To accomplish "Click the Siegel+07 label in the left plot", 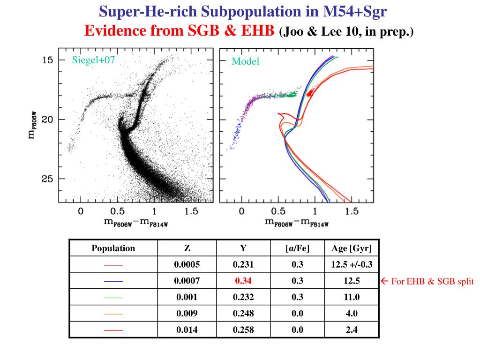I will click(x=93, y=60).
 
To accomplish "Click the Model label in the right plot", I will click(x=245, y=61).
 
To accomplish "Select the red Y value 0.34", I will click(x=243, y=281).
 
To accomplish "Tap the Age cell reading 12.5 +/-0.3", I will click(x=352, y=265).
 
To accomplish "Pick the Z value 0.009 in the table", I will click(x=187, y=314).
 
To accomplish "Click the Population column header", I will click(x=113, y=248).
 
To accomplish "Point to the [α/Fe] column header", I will click(x=297, y=248).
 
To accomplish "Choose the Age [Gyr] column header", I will click(x=352, y=248).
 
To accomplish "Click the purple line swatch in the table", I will click(x=113, y=265).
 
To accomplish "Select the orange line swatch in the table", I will click(x=113, y=314).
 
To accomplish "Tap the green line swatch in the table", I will click(x=113, y=298).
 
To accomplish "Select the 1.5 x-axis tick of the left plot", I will click(x=191, y=212).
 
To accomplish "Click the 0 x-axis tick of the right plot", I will click(x=242, y=212).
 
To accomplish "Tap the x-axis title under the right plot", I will click(x=296, y=223).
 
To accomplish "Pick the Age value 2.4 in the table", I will click(x=352, y=330).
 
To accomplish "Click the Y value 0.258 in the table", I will click(x=243, y=330).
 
